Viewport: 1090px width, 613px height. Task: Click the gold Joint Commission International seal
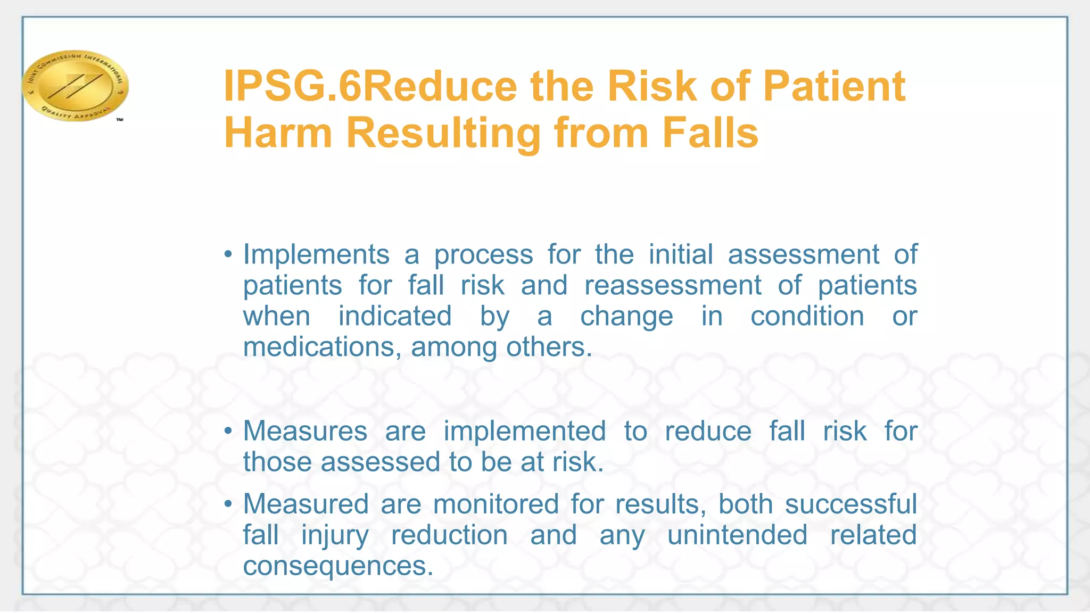tap(75, 85)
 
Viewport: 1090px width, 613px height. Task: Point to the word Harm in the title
tap(278, 132)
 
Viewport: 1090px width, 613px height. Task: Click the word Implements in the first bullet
tap(316, 254)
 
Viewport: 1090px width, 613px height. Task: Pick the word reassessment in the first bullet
tap(673, 285)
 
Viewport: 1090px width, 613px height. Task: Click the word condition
tap(807, 316)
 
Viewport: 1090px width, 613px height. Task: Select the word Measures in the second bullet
tap(305, 431)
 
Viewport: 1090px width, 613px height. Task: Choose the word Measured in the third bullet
tap(306, 504)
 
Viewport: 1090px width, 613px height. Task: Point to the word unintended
tap(737, 535)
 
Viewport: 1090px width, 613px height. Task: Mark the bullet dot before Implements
tap(228, 254)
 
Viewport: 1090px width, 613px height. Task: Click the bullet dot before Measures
tap(228, 431)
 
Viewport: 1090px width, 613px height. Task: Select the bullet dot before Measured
tap(228, 504)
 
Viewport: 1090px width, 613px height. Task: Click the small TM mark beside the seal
tap(120, 120)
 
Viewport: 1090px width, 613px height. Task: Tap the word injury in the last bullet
tap(335, 536)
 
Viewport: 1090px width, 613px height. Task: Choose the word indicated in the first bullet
tap(395, 316)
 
